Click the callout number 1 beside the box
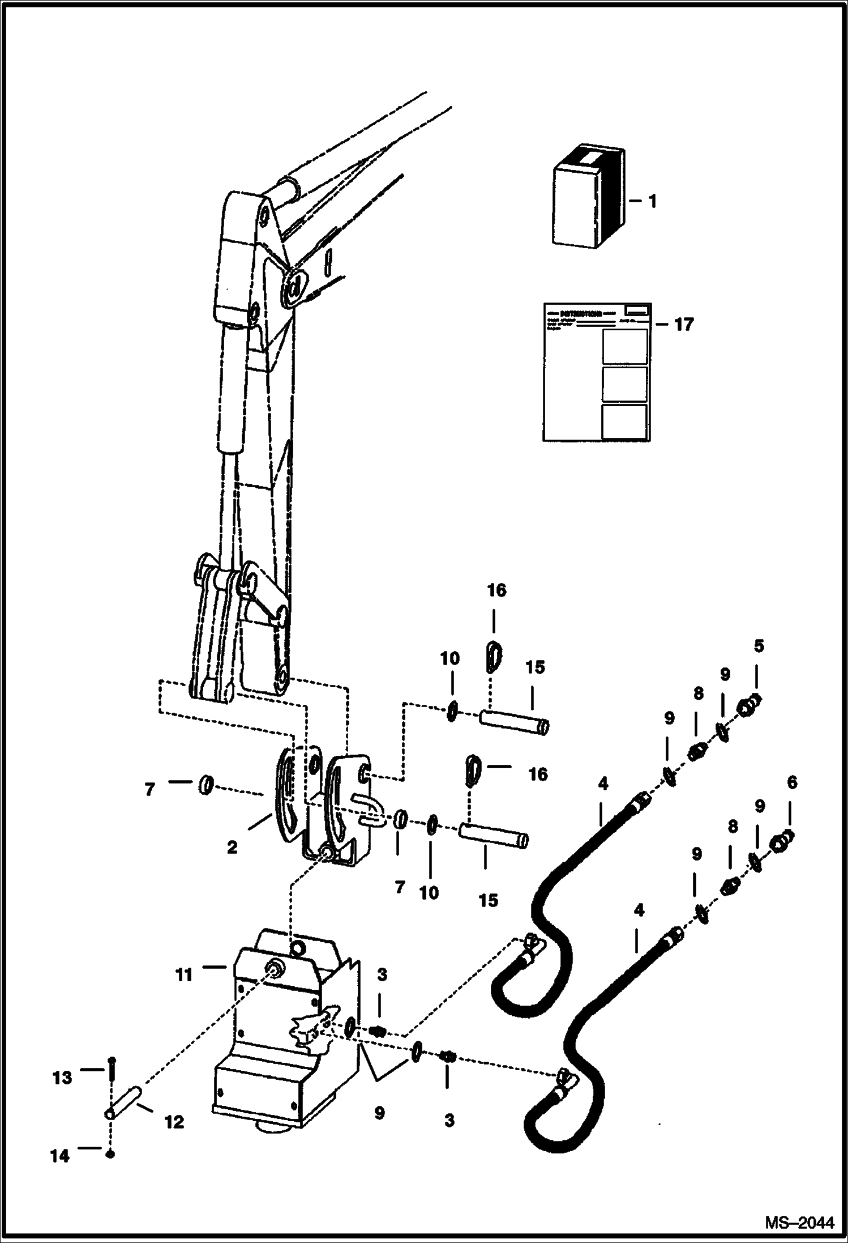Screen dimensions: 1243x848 652,202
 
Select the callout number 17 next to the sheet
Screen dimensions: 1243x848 683,325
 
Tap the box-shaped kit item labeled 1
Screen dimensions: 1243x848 589,198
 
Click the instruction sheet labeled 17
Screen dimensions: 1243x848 596,372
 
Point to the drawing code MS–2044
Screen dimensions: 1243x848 799,1223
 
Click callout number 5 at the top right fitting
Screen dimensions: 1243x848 759,645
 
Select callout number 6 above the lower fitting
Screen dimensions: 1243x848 791,783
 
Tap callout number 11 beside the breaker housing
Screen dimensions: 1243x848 184,975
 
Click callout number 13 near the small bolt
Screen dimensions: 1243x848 62,1078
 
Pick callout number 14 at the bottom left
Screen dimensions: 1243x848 59,1156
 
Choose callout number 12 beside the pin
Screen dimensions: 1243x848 174,1122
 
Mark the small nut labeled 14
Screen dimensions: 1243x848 111,1153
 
